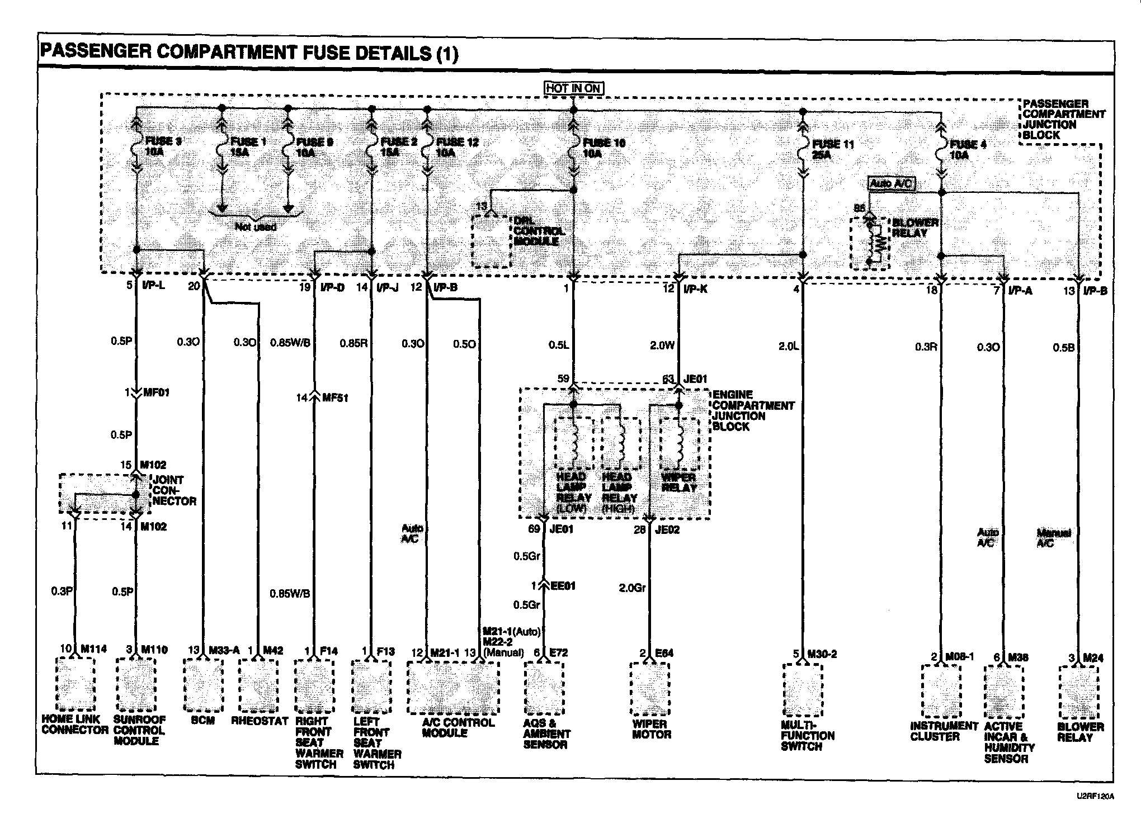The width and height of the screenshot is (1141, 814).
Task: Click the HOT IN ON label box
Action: pos(573,88)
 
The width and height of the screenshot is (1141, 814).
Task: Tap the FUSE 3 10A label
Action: pos(162,147)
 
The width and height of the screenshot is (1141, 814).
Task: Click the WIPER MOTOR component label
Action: pos(651,729)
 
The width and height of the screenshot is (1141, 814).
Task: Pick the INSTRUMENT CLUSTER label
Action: pos(943,731)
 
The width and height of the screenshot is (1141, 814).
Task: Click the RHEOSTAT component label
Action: pos(260,721)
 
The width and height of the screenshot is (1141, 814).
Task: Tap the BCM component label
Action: pos(202,721)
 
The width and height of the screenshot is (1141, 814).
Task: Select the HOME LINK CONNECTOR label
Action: pos(75,725)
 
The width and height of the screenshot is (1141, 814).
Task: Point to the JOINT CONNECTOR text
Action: pos(174,490)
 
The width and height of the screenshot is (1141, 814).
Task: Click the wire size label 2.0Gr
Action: pos(632,588)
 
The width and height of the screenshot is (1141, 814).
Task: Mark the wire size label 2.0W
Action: pos(662,346)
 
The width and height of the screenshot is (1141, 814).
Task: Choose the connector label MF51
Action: pos(335,398)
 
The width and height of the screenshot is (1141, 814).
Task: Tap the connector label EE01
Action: pos(562,586)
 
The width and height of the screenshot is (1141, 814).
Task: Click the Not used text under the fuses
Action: pos(256,227)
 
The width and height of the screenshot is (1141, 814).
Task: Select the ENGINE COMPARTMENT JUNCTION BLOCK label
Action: pos(752,410)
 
